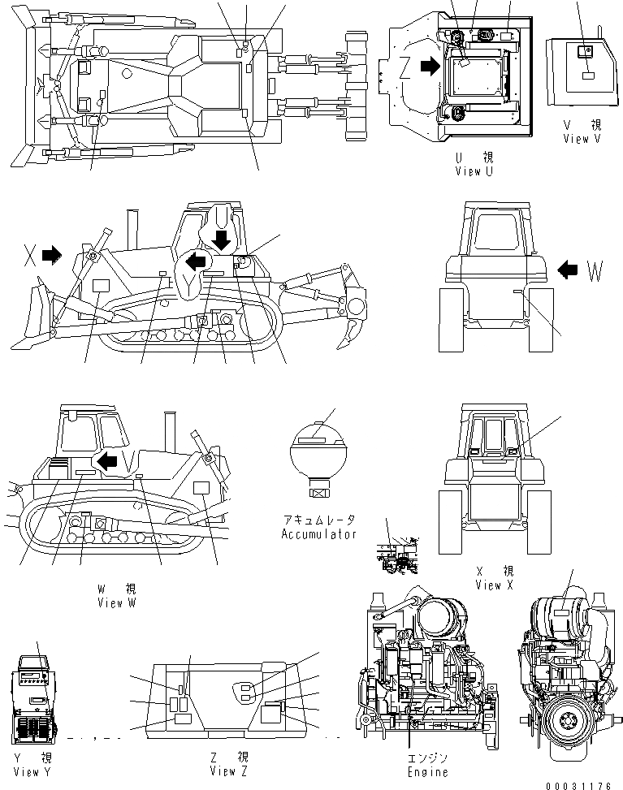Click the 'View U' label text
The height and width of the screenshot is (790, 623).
click(x=474, y=171)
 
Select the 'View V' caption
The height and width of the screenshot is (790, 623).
click(x=582, y=139)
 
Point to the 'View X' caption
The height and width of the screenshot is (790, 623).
click(x=494, y=585)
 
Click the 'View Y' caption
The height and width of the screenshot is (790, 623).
click(x=32, y=771)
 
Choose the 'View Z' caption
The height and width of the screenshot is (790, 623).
click(x=228, y=771)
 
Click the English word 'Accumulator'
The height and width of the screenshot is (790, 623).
click(x=318, y=534)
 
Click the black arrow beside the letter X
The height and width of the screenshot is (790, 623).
click(x=52, y=256)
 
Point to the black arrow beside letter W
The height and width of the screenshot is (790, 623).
click(x=569, y=268)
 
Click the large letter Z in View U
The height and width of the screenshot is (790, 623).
click(x=408, y=70)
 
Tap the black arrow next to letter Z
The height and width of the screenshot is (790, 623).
click(x=431, y=67)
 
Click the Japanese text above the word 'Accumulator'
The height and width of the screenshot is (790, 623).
click(x=318, y=520)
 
